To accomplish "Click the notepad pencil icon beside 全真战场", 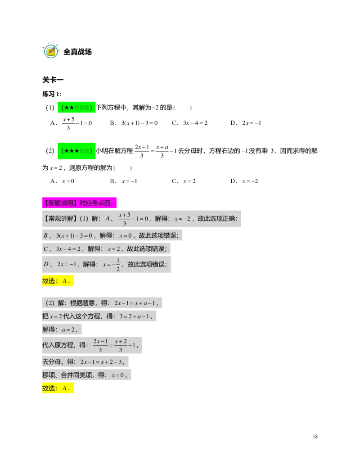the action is click(x=51, y=51).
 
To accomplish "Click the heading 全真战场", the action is click(x=77, y=52).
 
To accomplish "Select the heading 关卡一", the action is click(x=53, y=80).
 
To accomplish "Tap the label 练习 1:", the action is click(x=52, y=94).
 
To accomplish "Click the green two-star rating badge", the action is click(x=76, y=107).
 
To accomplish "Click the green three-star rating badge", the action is click(x=76, y=151).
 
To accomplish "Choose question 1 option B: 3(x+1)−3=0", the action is click(x=134, y=123).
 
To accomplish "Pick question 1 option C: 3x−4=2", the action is click(x=189, y=123).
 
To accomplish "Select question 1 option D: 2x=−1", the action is click(x=246, y=123).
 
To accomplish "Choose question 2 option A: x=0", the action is click(x=63, y=181).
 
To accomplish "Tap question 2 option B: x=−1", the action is click(x=124, y=181).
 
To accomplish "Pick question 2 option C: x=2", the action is click(x=184, y=181).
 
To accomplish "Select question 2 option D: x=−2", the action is click(x=244, y=181).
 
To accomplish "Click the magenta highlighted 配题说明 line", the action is click(x=79, y=203).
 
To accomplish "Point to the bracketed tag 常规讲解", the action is click(x=60, y=219).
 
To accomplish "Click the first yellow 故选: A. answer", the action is click(x=58, y=281).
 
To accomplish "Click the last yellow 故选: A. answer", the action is click(x=58, y=388).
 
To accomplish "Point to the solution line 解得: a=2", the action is click(x=62, y=329).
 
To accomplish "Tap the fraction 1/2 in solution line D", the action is click(x=118, y=264).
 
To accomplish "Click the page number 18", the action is click(x=315, y=437).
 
